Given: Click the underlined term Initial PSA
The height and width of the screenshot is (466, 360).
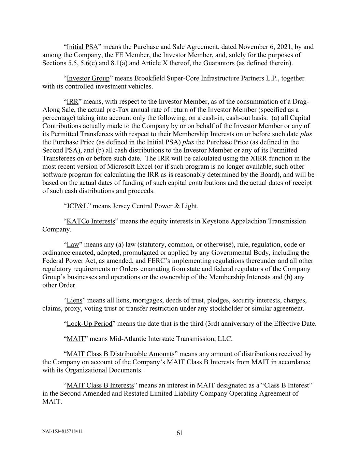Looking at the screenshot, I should (x=82, y=47).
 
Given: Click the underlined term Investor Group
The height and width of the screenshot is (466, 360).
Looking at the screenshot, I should (x=88, y=79).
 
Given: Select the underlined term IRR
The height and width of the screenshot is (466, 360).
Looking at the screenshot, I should (x=72, y=102).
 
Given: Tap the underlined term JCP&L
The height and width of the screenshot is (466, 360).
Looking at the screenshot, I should (x=77, y=206).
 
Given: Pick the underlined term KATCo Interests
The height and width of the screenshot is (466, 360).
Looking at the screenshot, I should (x=91, y=222).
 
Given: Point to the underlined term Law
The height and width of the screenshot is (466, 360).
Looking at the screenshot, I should (x=73, y=245).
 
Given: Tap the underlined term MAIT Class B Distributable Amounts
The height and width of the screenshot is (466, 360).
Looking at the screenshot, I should (x=120, y=354).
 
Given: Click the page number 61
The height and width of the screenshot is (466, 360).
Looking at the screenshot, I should (x=180, y=433).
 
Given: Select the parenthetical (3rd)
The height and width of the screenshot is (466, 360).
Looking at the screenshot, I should (x=214, y=324).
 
